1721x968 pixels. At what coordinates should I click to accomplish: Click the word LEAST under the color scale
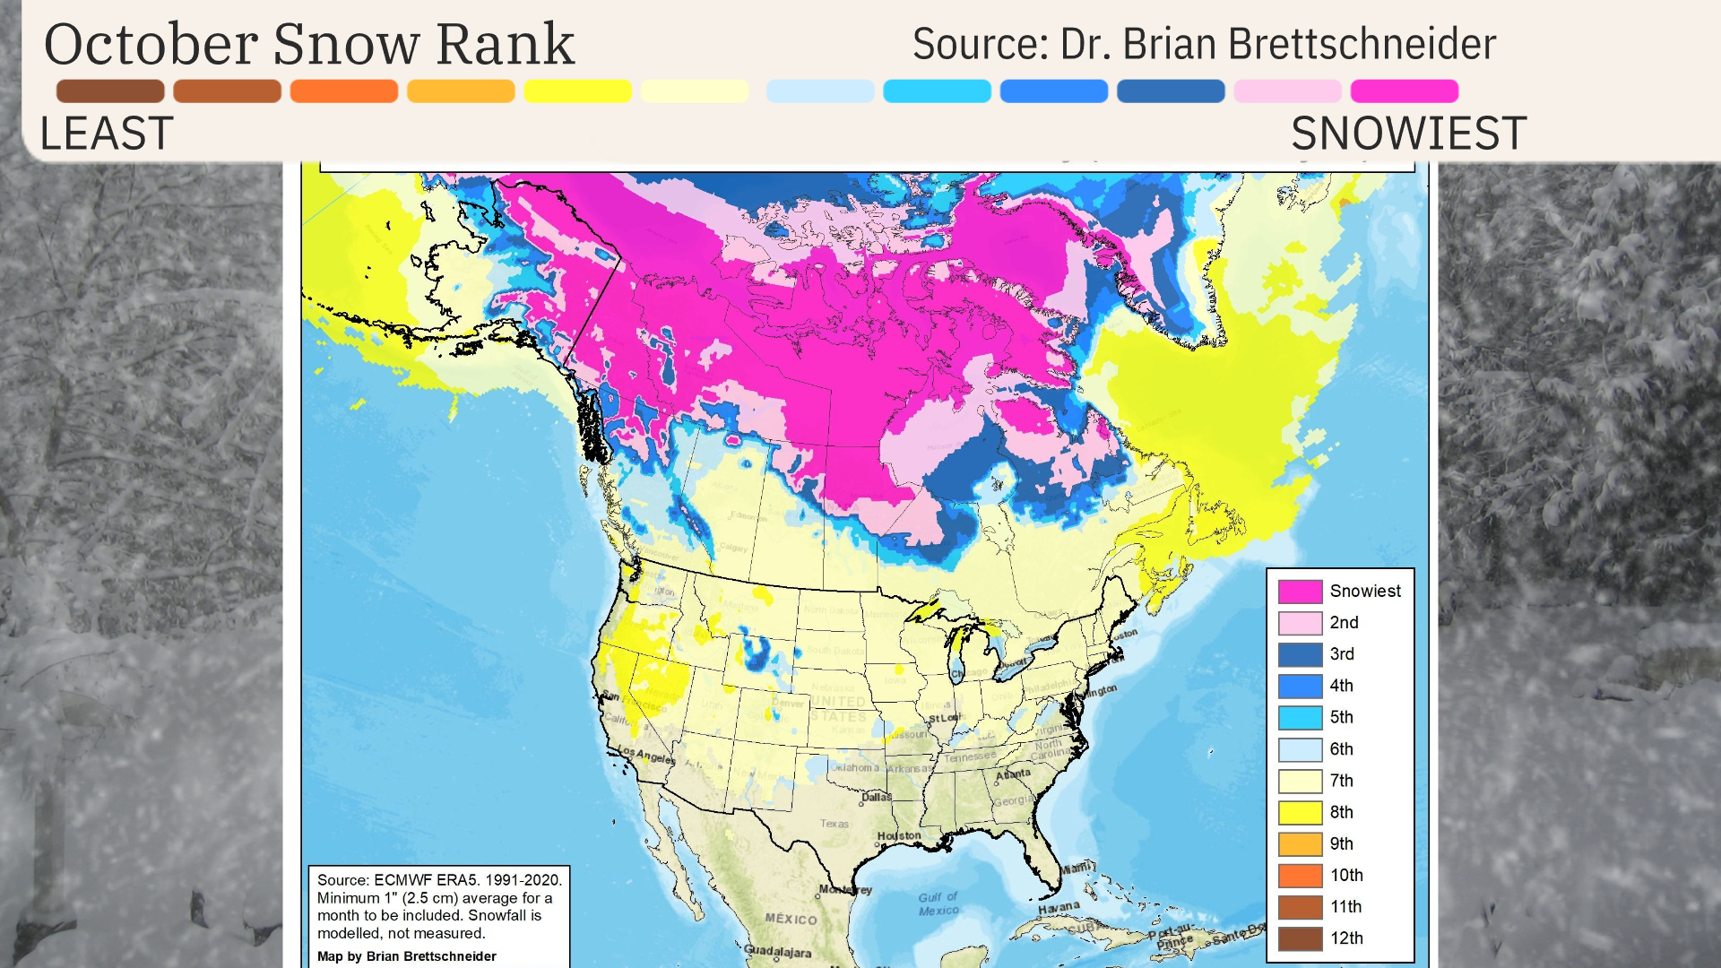click(106, 134)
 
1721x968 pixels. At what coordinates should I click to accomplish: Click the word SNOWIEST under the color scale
click(1408, 134)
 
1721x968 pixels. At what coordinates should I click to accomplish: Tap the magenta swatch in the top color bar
click(1404, 91)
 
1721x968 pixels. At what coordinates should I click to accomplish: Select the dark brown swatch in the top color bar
click(110, 91)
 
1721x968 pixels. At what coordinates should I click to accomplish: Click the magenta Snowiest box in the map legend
click(1300, 592)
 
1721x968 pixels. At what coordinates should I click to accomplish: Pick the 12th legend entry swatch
click(1300, 938)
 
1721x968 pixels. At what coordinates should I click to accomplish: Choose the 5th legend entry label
click(1341, 717)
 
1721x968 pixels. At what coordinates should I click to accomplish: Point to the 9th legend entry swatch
click(1300, 844)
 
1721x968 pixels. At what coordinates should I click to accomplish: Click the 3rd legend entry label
click(1341, 654)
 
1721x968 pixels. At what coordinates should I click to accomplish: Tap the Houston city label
click(898, 836)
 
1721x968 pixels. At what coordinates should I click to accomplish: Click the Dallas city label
click(876, 797)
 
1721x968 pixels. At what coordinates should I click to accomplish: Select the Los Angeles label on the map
click(646, 755)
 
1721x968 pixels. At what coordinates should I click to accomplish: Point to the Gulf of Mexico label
click(938, 903)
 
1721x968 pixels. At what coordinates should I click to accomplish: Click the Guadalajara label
click(777, 952)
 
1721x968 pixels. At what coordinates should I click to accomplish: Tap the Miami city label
click(1075, 868)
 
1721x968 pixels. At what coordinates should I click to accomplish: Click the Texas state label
click(834, 824)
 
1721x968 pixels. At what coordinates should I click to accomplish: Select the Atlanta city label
click(1013, 774)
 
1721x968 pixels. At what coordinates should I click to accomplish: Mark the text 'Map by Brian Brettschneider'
click(406, 956)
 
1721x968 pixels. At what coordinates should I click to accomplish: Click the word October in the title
click(151, 45)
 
